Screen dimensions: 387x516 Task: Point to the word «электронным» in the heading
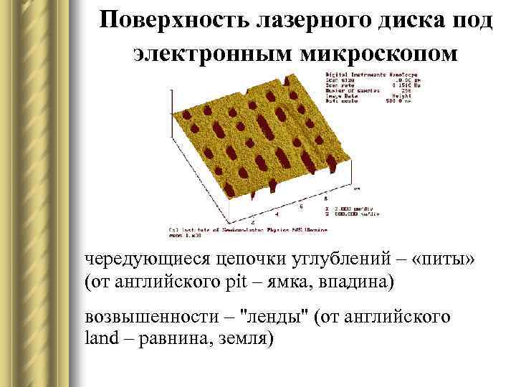coord(204,52)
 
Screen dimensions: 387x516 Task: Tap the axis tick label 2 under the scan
coord(252,224)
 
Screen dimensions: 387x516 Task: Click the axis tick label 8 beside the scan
coord(326,196)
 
